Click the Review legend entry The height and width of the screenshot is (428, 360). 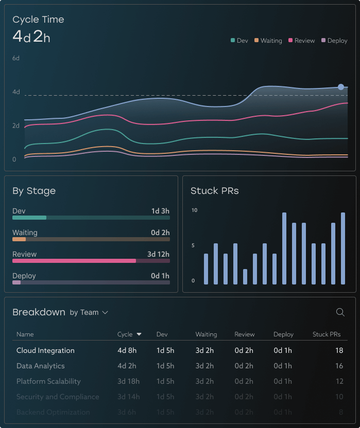(x=302, y=41)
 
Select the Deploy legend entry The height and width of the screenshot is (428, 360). (x=334, y=41)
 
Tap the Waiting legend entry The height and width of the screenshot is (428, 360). (x=268, y=41)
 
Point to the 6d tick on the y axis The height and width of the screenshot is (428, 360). (x=16, y=59)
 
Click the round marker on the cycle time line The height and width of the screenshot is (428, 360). (x=341, y=87)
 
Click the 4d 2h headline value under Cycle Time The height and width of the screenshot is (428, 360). (x=31, y=37)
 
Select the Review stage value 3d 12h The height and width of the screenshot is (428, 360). (x=158, y=254)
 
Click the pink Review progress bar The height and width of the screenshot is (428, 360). (x=74, y=261)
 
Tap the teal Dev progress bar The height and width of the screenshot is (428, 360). (x=29, y=218)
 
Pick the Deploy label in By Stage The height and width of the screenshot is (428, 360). (x=24, y=276)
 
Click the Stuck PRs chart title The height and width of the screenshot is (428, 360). (x=214, y=191)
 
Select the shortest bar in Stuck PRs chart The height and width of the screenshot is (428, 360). (x=245, y=277)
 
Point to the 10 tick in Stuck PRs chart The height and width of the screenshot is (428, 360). (x=194, y=210)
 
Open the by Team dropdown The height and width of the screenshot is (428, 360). (x=89, y=312)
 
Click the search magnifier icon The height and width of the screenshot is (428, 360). (x=340, y=312)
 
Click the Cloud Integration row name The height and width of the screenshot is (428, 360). (x=45, y=350)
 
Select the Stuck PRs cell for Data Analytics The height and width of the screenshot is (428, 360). (x=339, y=366)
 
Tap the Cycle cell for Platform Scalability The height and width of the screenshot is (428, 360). (x=127, y=381)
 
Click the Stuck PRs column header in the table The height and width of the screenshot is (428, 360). (x=327, y=334)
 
